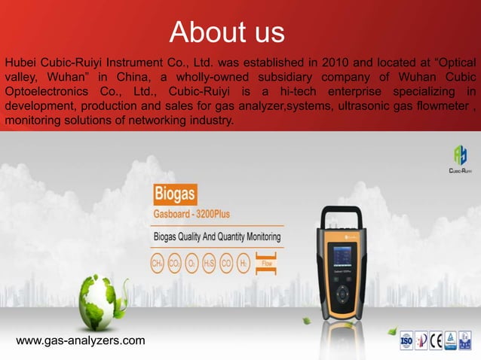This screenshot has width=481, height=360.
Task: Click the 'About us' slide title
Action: (227, 32)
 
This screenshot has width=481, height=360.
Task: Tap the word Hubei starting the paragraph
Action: (21, 61)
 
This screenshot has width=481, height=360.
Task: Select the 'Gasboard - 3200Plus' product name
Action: (187, 215)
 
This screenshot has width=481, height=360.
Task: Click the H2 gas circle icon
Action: (243, 264)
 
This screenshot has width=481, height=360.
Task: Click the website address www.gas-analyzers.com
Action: (81, 341)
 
